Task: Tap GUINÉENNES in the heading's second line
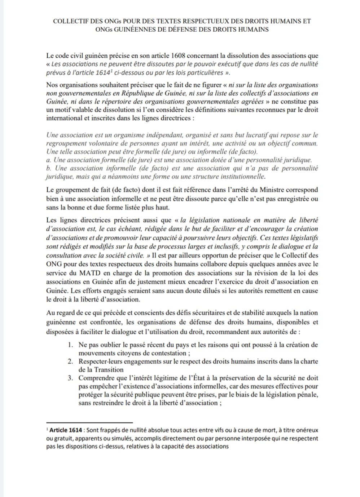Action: pos(133,30)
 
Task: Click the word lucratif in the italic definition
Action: pos(257,135)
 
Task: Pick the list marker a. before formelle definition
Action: pos(49,160)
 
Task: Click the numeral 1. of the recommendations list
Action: pos(71,345)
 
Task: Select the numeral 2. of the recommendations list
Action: pos(71,361)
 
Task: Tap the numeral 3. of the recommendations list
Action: pos(71,378)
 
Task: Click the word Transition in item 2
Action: pos(109,370)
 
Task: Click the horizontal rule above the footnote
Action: pos(90,422)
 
